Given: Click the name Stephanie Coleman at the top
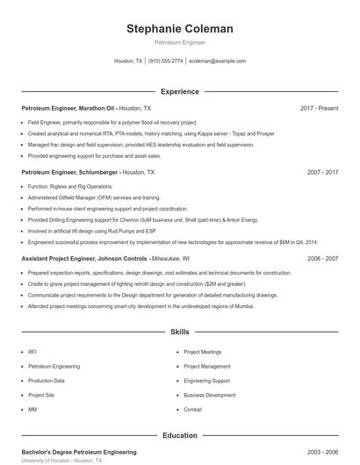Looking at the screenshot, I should tap(180, 29).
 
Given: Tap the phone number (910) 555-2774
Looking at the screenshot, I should tap(166, 61).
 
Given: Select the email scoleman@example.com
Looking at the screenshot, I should tap(217, 61).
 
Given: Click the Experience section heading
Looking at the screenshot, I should tap(180, 91).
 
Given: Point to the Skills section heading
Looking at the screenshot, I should tap(180, 333).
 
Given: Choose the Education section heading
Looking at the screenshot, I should tap(180, 435).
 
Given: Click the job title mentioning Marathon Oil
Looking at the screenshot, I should tap(68, 108).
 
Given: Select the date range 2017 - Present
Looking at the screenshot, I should tap(319, 108).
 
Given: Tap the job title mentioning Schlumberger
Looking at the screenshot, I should tap(70, 173).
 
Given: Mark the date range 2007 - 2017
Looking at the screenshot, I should tap(322, 173).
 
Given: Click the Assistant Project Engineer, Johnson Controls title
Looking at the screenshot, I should tap(85, 259).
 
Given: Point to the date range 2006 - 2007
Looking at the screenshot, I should tap(322, 259).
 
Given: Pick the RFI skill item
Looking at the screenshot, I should tap(32, 352).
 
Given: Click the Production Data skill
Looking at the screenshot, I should tap(47, 381).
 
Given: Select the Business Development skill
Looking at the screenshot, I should tap(209, 395).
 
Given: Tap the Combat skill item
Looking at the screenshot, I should tap(193, 410).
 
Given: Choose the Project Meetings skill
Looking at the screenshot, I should tap(203, 352).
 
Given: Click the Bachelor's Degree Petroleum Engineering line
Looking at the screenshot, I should tap(79, 452).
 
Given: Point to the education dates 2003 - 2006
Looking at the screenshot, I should tap(322, 452).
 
